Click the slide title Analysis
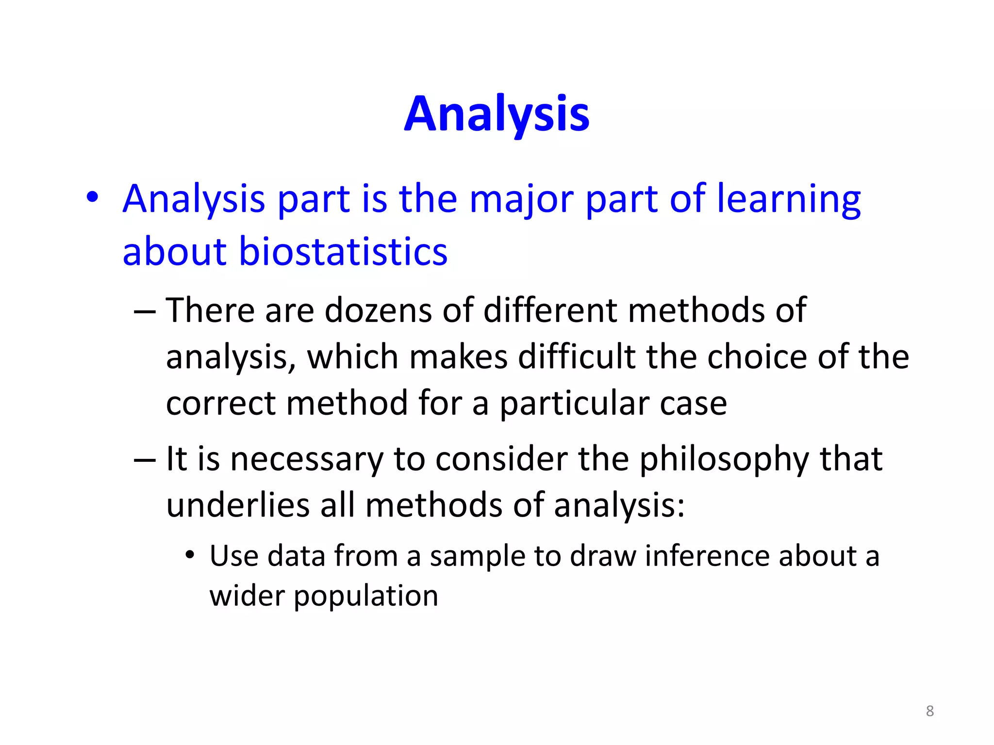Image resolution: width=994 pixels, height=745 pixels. tap(497, 114)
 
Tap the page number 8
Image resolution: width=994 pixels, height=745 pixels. tap(929, 711)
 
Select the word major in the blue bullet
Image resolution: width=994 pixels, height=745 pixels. tap(521, 199)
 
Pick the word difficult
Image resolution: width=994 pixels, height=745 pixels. tap(577, 356)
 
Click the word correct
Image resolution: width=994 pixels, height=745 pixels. tap(221, 403)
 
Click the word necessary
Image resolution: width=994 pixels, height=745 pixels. tap(306, 459)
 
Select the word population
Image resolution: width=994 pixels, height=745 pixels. tap(366, 597)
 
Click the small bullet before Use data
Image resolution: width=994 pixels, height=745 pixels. tap(190, 555)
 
